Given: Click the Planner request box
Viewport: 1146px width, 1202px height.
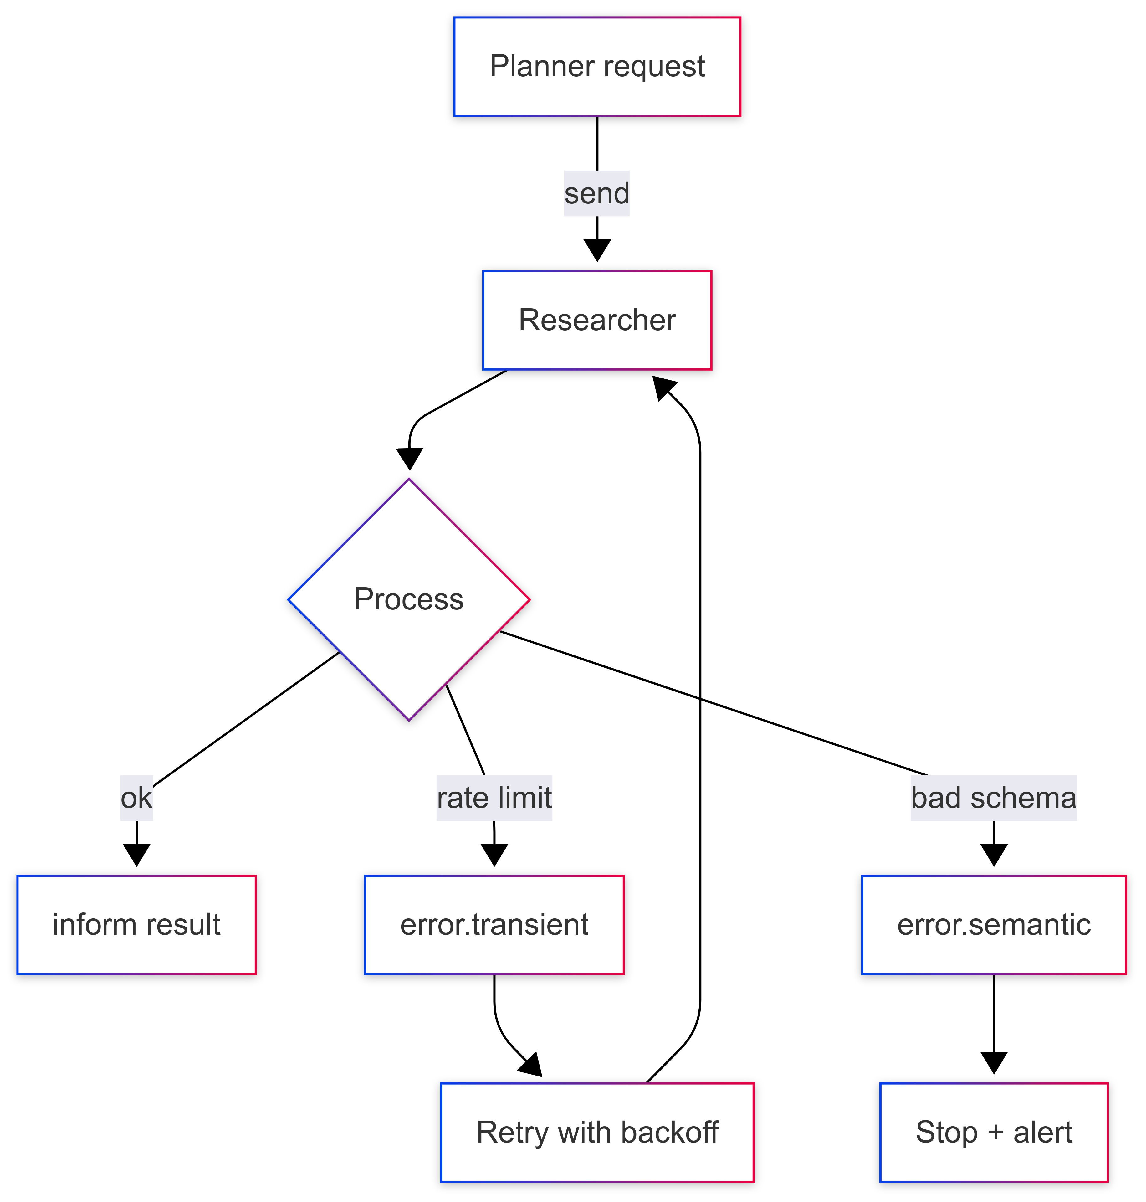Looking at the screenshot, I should [x=597, y=67].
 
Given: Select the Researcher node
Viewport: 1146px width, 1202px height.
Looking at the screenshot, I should [x=597, y=320].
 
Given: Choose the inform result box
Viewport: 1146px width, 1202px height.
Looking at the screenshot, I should [x=136, y=925].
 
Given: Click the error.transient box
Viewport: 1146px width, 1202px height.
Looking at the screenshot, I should [x=494, y=925].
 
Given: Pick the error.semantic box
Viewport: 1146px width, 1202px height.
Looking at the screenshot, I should [x=994, y=925].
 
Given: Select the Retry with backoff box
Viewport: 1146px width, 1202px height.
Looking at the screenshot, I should [x=597, y=1132].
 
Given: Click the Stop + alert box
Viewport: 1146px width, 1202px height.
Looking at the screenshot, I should [x=994, y=1132].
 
